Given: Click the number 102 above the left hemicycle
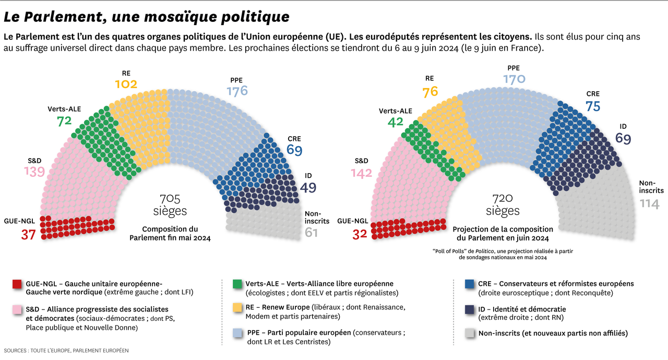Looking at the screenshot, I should (x=126, y=85).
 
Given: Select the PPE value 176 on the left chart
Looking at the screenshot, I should (x=237, y=91).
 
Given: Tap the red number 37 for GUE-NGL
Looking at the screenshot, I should (x=28, y=235).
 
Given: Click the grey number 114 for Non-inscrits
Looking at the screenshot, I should (x=649, y=203).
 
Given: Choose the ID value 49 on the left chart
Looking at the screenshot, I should (x=308, y=188).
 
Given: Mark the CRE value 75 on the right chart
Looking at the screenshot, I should (x=593, y=106).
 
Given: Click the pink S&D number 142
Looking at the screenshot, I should (x=362, y=174).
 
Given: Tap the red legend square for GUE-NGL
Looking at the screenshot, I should (x=17, y=284).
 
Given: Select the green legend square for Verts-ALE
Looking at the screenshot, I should (x=237, y=284).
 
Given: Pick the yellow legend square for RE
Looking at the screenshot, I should (x=237, y=308).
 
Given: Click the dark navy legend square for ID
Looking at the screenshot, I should (x=469, y=309).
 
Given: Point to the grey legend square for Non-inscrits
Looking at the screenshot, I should (x=469, y=333).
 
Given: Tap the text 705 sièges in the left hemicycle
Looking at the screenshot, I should (x=170, y=205).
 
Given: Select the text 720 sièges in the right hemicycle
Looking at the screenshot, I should (x=503, y=205).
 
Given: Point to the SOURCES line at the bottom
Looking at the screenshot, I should (x=66, y=350).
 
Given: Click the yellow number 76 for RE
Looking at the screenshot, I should (x=430, y=92).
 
